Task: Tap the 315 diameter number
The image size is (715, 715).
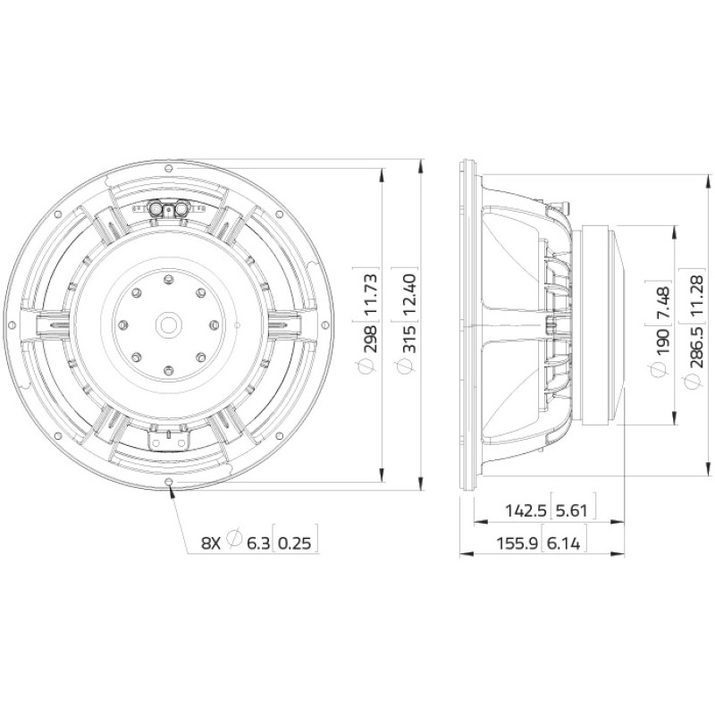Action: click(409, 339)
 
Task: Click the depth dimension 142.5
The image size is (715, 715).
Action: click(526, 510)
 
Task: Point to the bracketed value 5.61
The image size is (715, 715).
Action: click(572, 510)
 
